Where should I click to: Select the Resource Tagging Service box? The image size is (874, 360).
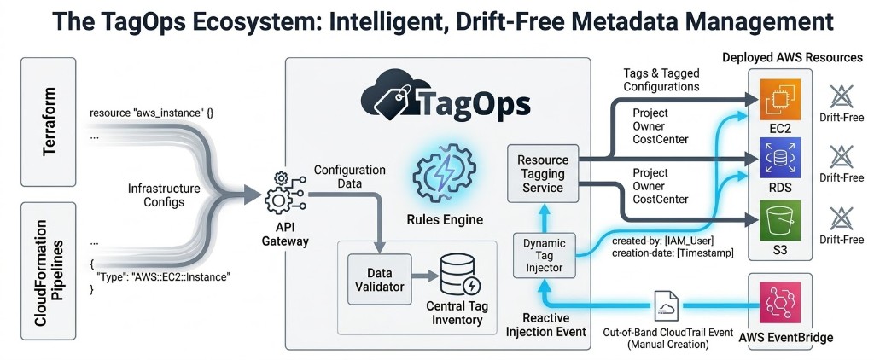[x=543, y=174]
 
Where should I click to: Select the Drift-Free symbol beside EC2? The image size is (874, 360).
[x=838, y=98]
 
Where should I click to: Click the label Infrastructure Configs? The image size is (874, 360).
[x=164, y=194]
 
